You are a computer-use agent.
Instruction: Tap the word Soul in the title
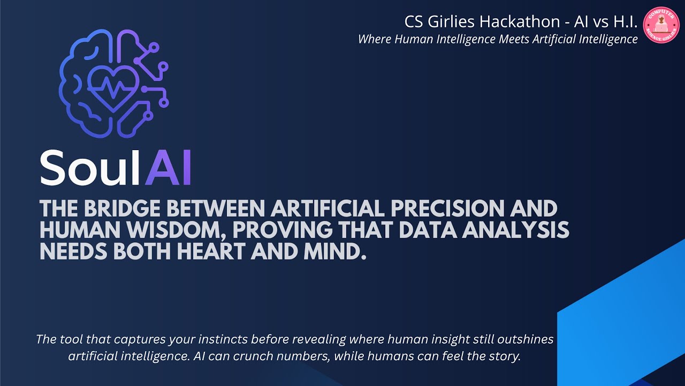coord(88,167)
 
